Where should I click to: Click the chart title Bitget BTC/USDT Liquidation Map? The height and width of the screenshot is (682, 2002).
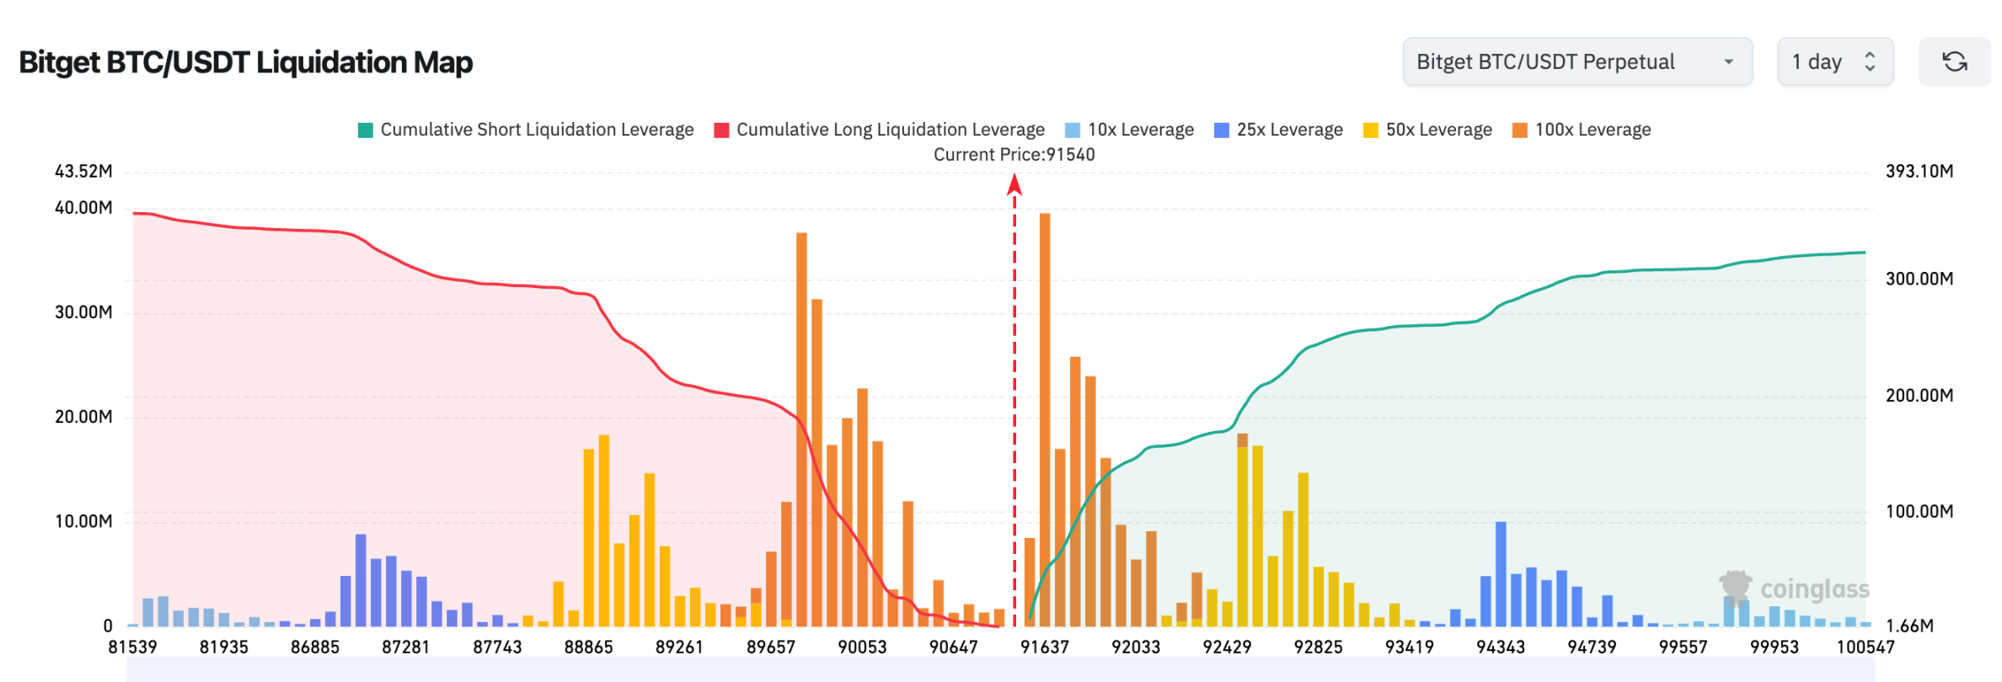coord(245,62)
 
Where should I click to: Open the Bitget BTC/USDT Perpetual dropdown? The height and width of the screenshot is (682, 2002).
coord(1576,61)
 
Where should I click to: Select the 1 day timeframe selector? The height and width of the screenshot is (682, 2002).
coord(1834,61)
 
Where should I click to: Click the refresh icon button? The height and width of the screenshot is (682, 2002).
coord(1954,61)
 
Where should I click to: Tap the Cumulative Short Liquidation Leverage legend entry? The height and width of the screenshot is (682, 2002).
coord(526,130)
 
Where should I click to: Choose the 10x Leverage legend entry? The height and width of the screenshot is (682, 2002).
coord(1129,130)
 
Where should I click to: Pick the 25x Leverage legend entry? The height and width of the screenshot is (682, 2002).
coord(1278,130)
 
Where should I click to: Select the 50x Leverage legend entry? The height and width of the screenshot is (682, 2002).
coord(1427,130)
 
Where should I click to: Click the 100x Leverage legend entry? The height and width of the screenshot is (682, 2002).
coord(1582,130)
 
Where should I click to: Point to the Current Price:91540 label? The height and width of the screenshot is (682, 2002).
coord(1014,155)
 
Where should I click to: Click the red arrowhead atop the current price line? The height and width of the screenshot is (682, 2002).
coord(1014,184)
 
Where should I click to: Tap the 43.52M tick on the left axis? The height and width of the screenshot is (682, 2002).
coord(83,172)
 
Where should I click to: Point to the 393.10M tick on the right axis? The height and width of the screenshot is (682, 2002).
coord(1919,172)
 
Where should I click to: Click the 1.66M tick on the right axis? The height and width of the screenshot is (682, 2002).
coord(1909,626)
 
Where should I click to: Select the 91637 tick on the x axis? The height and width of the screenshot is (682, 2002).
coord(1044,647)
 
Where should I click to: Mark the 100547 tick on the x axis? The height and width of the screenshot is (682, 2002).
coord(1865,647)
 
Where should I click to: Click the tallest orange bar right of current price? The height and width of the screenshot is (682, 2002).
coord(1045,421)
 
